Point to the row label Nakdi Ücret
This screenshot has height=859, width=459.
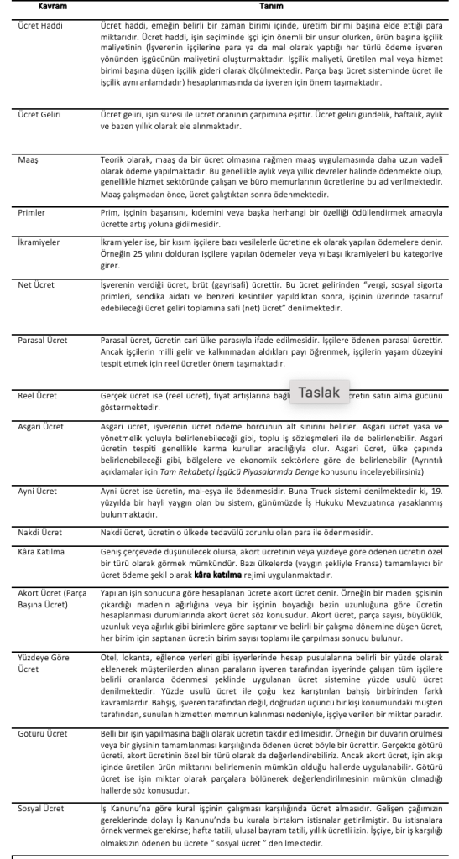39,533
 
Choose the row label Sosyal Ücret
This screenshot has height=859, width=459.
41,807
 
